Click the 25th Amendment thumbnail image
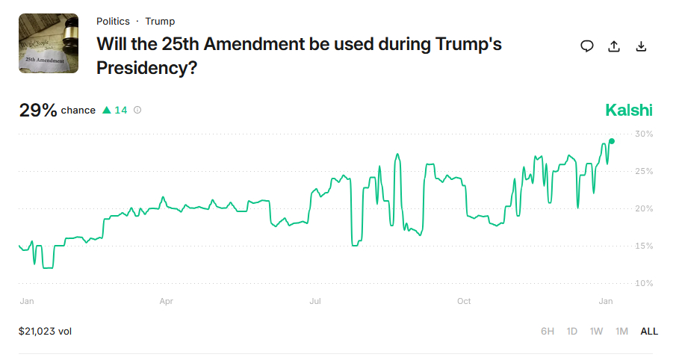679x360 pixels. pyautogui.click(x=49, y=43)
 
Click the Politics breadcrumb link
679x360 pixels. pyautogui.click(x=113, y=22)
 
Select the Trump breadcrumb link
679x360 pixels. pyautogui.click(x=160, y=22)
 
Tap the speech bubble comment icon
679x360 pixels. pyautogui.click(x=587, y=46)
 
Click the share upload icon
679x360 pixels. pyautogui.click(x=614, y=46)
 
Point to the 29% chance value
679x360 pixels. pyautogui.click(x=38, y=111)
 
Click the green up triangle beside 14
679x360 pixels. pyautogui.click(x=107, y=111)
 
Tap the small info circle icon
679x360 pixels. pyautogui.click(x=137, y=111)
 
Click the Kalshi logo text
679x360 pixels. pyautogui.click(x=629, y=111)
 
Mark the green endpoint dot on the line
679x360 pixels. pyautogui.click(x=612, y=141)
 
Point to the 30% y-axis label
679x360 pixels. pyautogui.click(x=644, y=134)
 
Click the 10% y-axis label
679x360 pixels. pyautogui.click(x=644, y=284)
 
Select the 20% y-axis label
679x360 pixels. pyautogui.click(x=644, y=209)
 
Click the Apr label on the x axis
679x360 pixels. pyautogui.click(x=167, y=302)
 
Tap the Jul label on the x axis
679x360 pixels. pyautogui.click(x=315, y=302)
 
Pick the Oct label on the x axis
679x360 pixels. pyautogui.click(x=464, y=302)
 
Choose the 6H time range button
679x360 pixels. pyautogui.click(x=548, y=331)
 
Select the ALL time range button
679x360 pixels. pyautogui.click(x=649, y=331)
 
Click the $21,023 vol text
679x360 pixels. pyautogui.click(x=46, y=331)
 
